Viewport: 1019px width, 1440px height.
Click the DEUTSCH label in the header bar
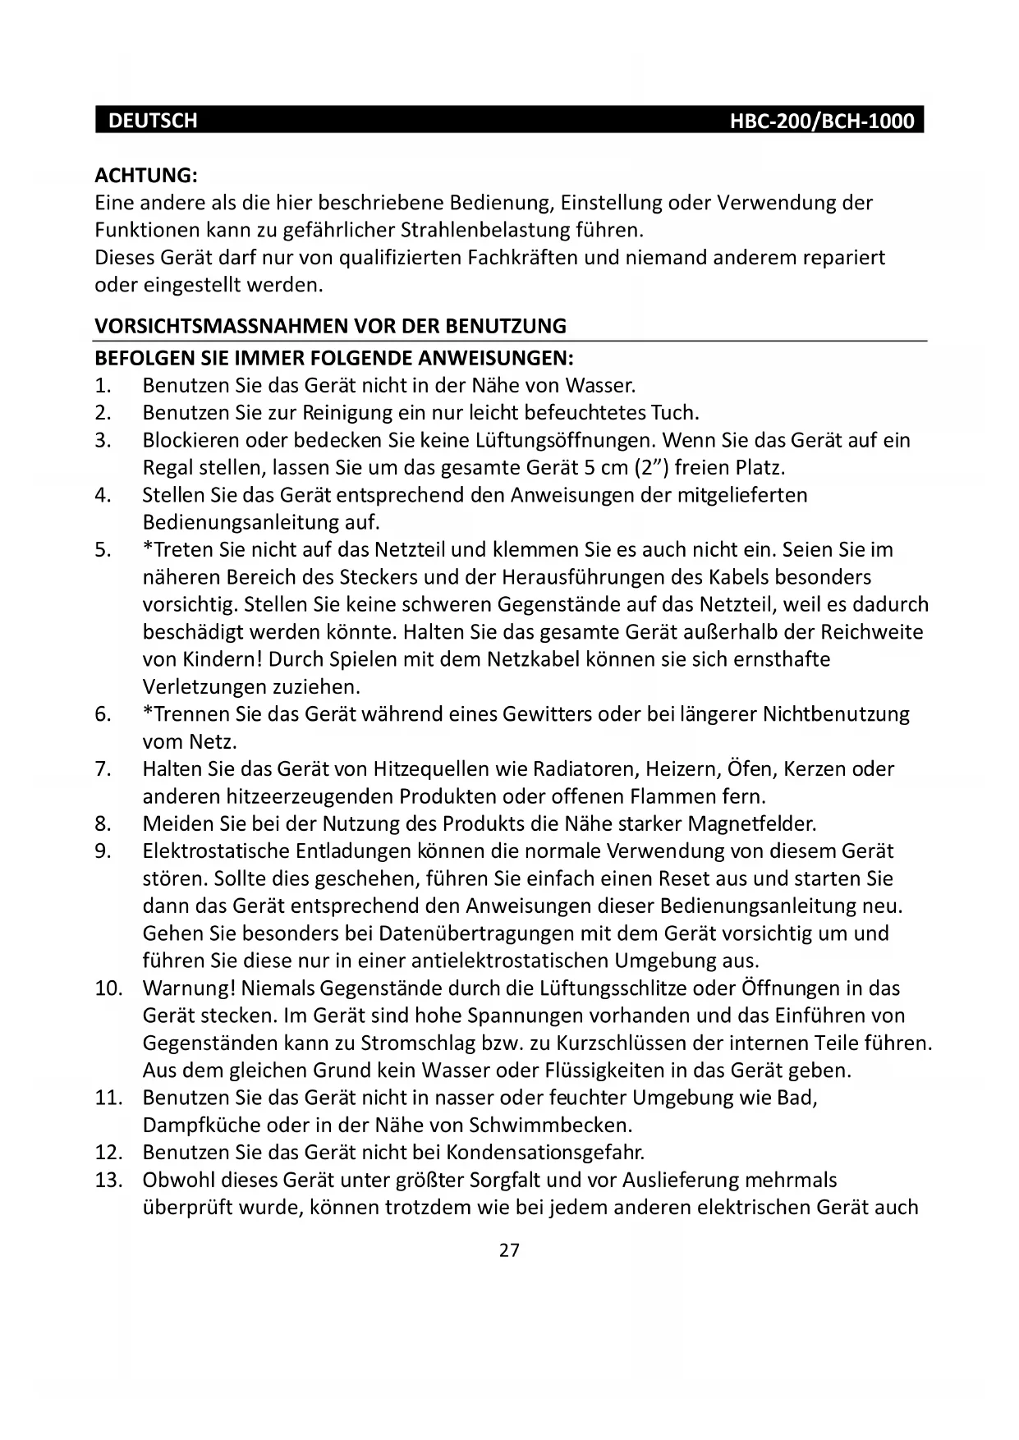pyautogui.click(x=153, y=121)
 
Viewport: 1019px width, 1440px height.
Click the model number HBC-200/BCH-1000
pyautogui.click(x=822, y=122)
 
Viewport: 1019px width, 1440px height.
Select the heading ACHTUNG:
pyautogui.click(x=146, y=175)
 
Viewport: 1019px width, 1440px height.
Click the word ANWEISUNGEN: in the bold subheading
pyautogui.click(x=496, y=359)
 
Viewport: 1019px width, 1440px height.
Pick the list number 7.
pyautogui.click(x=103, y=769)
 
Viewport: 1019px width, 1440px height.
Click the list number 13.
pyautogui.click(x=108, y=1181)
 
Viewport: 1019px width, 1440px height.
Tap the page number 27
pyautogui.click(x=509, y=1250)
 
